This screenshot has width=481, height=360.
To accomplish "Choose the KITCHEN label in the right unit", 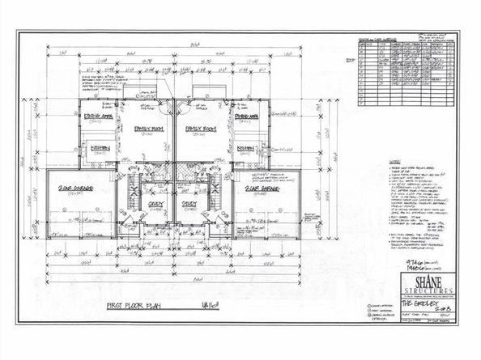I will coord(246,148).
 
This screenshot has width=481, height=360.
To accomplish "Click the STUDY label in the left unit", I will coord(155,205).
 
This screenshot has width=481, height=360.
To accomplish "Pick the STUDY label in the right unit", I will coord(189,205).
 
